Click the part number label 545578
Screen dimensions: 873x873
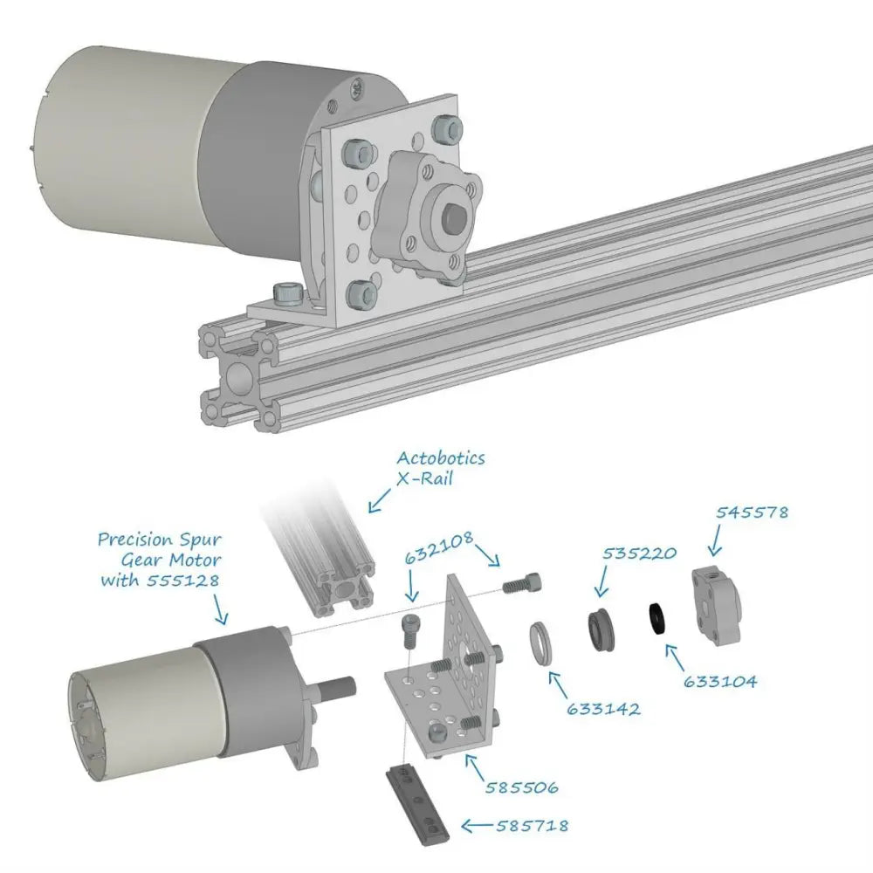(x=752, y=512)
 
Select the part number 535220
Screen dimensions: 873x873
(x=639, y=553)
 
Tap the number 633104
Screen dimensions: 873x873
(x=720, y=681)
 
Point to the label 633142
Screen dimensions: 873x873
(x=603, y=709)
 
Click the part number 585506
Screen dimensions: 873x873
(x=521, y=787)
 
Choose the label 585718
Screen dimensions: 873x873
(x=533, y=825)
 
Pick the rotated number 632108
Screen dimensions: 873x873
(x=439, y=547)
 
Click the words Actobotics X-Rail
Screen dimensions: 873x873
(x=440, y=468)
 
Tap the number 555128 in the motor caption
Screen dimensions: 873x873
(x=182, y=581)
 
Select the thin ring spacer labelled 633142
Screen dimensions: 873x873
(x=540, y=643)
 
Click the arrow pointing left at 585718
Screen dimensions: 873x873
(x=478, y=825)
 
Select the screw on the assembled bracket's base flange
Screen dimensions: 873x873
(x=287, y=293)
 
